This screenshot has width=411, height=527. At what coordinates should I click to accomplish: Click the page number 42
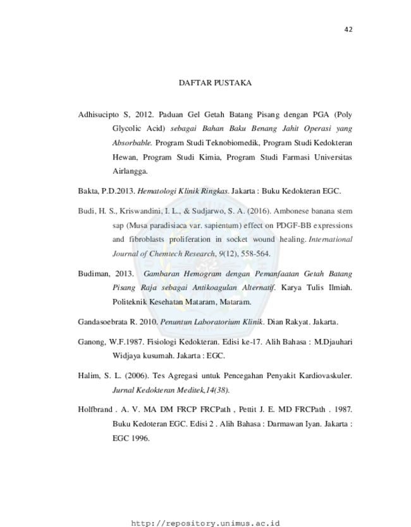348,30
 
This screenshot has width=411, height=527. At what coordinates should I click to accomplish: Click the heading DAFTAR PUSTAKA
215,83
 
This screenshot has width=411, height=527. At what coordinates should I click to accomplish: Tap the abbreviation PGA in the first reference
321,115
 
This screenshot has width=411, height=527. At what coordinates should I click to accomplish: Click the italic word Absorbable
132,143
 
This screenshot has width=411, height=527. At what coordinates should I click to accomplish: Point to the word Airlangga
130,172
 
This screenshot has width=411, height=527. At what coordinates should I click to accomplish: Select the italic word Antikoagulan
215,288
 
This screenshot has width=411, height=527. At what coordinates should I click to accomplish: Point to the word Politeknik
130,302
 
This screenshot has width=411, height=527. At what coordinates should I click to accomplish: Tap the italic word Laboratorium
217,322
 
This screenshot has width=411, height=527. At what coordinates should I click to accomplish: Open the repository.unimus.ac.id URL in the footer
205,523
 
